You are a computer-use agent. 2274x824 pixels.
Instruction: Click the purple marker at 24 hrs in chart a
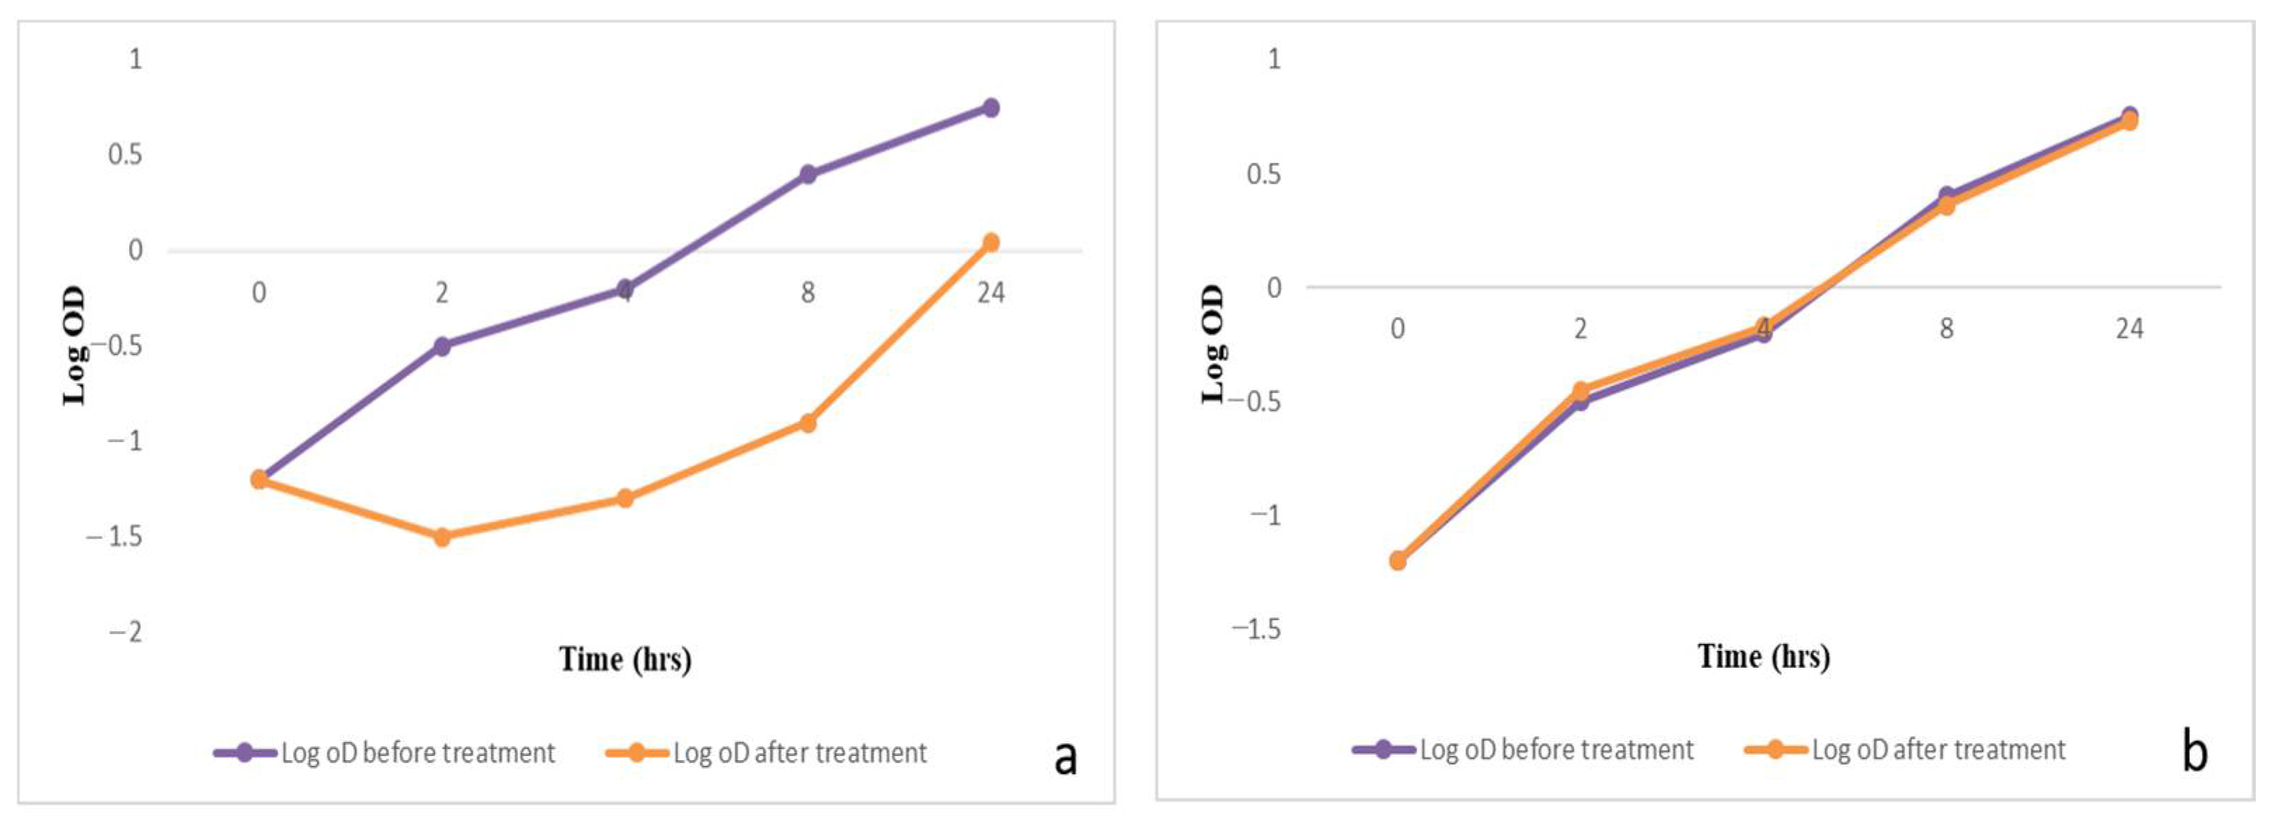coord(991,108)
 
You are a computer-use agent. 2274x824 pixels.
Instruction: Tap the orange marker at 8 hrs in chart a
coord(808,423)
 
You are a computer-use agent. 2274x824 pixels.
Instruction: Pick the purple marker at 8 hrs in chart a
coord(808,174)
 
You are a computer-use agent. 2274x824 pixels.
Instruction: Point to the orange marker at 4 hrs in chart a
coord(625,498)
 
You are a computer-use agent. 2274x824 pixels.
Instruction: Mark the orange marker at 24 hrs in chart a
coord(991,242)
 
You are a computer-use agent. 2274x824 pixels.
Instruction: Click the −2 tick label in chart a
coord(126,632)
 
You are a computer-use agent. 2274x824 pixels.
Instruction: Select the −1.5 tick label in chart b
coord(1255,629)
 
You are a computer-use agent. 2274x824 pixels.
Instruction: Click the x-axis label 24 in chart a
coord(991,292)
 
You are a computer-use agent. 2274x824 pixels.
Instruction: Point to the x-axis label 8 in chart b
coord(1947,329)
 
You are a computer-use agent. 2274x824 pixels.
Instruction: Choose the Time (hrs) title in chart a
coord(625,659)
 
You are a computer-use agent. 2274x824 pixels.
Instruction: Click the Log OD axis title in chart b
coord(1214,344)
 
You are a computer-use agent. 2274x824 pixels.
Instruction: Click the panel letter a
coord(1066,757)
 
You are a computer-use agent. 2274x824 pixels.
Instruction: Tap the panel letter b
coord(2195,753)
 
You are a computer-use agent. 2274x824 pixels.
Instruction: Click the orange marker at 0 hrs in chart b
coord(1397,561)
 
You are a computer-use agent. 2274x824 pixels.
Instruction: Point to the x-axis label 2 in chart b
coord(1580,329)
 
